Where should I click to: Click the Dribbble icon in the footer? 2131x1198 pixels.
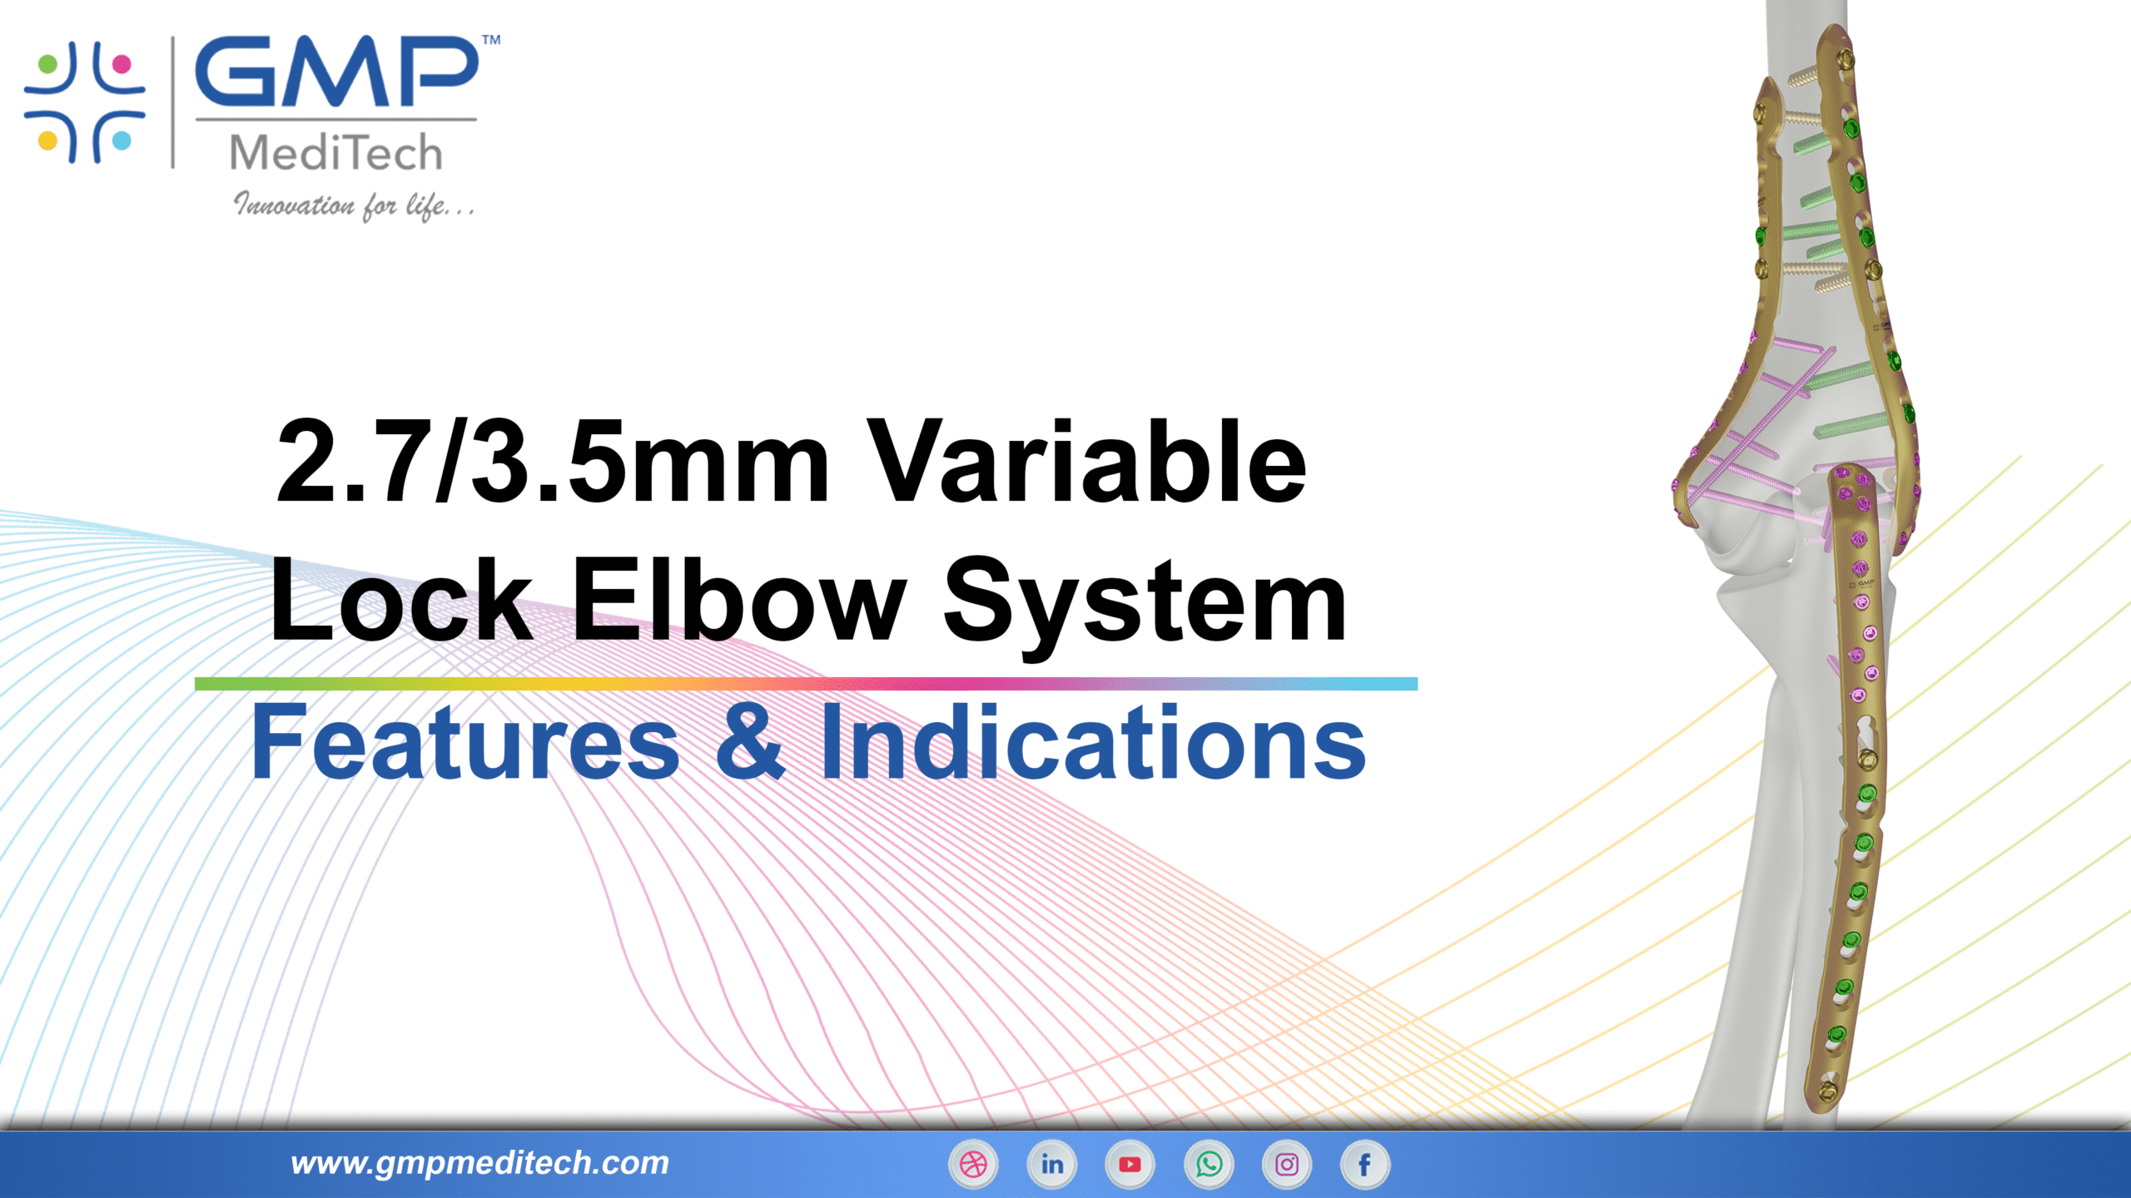[973, 1164]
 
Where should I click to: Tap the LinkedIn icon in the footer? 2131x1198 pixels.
[1051, 1164]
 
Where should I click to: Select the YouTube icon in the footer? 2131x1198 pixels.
[1130, 1164]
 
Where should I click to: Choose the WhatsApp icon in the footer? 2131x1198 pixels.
[1209, 1164]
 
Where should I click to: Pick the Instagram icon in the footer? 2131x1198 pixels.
[1287, 1164]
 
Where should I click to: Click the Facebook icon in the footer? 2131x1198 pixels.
[1365, 1164]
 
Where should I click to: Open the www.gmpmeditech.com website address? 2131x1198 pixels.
[479, 1163]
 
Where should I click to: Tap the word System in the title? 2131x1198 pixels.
[1145, 601]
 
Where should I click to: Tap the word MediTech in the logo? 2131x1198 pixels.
[336, 153]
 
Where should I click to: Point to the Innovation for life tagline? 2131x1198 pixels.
[354, 205]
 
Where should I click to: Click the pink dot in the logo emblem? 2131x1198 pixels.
[122, 63]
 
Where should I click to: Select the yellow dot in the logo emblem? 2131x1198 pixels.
[48, 140]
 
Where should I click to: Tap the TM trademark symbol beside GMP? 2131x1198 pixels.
[492, 39]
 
